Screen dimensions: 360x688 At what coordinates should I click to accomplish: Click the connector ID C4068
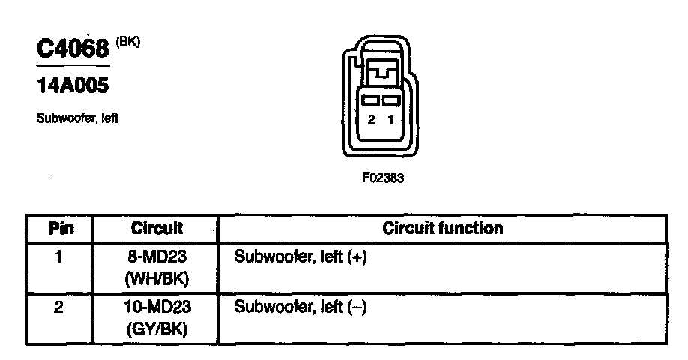(x=73, y=50)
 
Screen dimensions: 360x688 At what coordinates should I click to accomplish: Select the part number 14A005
(x=73, y=86)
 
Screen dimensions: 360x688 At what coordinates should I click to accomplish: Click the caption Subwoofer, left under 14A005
(x=77, y=118)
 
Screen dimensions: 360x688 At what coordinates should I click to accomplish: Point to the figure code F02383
(x=382, y=179)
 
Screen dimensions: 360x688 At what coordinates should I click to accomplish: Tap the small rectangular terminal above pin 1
(x=389, y=100)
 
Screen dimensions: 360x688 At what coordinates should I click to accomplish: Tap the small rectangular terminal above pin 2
(x=369, y=100)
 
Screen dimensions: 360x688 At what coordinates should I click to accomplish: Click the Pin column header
(x=59, y=228)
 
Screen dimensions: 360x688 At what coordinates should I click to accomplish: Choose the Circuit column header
(x=157, y=228)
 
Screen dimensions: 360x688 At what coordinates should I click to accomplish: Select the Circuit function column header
(x=442, y=228)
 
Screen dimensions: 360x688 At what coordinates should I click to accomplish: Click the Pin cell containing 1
(x=59, y=257)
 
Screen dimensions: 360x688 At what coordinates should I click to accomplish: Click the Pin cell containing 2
(x=59, y=307)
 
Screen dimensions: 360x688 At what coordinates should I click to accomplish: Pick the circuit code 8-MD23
(x=157, y=257)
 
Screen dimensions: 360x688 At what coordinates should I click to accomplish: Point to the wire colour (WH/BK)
(x=157, y=278)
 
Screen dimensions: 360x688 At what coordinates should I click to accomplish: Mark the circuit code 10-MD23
(x=157, y=307)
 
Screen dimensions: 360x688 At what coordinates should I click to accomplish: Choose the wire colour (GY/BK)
(x=157, y=328)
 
